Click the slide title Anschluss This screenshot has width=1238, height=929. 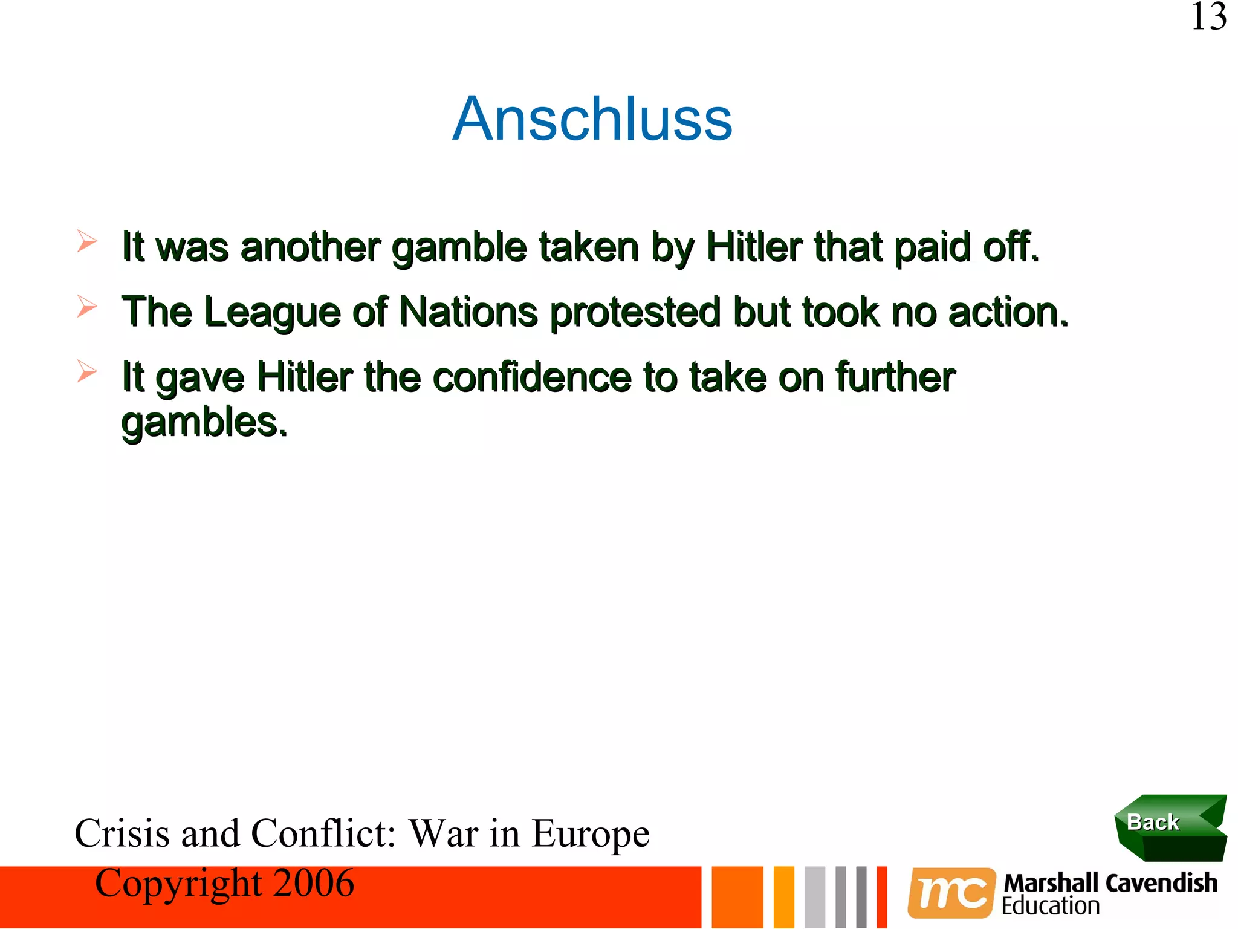(x=592, y=119)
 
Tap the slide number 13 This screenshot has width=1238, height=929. (x=1208, y=17)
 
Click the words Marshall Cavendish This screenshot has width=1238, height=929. (x=1110, y=883)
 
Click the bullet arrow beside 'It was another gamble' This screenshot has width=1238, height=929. (x=86, y=241)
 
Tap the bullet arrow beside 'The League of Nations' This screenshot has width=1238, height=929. (x=86, y=307)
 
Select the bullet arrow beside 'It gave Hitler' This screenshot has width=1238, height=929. (x=86, y=371)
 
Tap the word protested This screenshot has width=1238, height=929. (x=635, y=313)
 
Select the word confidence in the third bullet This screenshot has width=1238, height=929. (x=533, y=377)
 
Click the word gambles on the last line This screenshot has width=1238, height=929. (x=204, y=423)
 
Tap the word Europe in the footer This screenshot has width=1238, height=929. (x=591, y=834)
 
